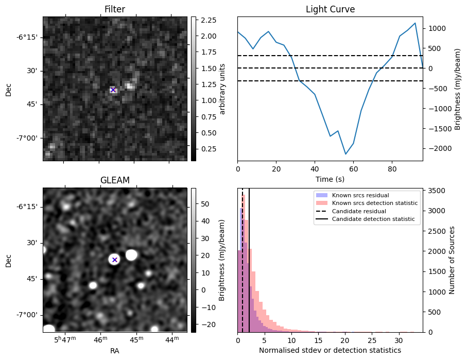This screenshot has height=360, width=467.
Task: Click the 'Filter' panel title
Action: [114, 9]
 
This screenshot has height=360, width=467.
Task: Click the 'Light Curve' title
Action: [330, 9]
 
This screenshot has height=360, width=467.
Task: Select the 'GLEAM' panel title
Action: [114, 180]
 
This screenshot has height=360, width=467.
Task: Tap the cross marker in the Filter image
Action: [113, 90]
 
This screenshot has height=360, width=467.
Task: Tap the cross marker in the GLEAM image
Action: [115, 260]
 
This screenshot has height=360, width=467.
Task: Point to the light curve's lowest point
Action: [345, 154]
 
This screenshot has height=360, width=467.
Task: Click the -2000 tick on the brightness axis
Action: [437, 148]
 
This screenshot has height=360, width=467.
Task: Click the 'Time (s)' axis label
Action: [330, 179]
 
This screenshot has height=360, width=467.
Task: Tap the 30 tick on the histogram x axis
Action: [398, 340]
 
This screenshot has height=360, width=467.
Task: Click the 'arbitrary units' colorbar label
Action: [223, 89]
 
